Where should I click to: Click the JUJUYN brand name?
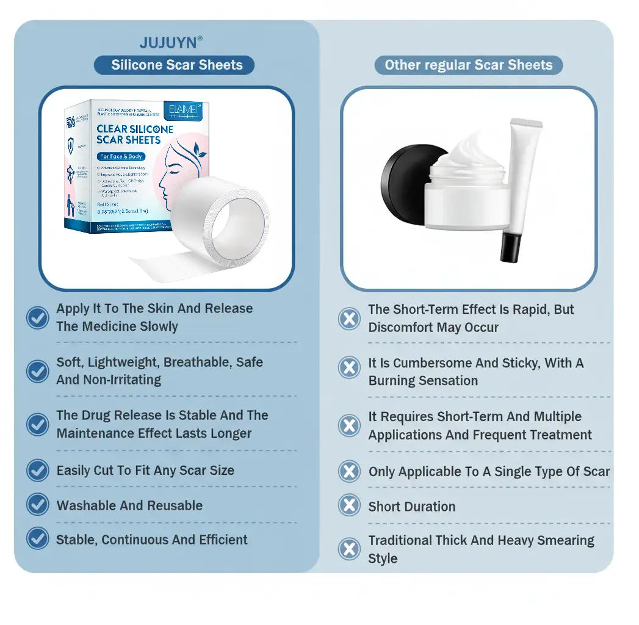169,43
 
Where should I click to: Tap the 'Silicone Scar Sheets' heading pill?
176,65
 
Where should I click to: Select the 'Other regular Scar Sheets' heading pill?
468,65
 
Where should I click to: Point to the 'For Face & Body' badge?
121,156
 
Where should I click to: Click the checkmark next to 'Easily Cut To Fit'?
38,470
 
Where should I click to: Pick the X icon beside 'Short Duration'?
349,505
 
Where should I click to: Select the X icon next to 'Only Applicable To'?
349,471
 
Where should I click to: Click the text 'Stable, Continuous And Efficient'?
152,540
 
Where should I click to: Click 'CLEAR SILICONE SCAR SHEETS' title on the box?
134,134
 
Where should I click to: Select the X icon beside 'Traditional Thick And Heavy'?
349,549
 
